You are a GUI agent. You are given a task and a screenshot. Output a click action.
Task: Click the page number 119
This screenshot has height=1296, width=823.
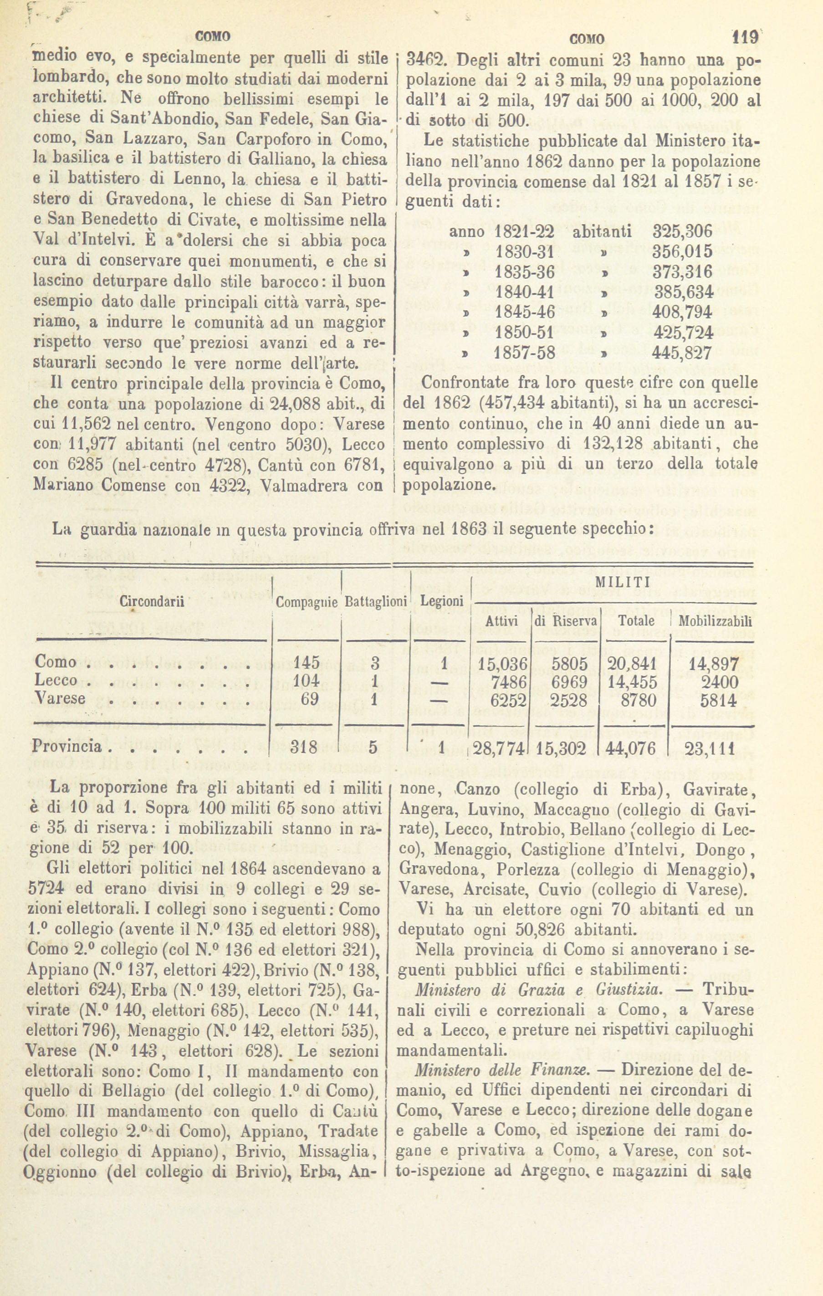[x=744, y=38]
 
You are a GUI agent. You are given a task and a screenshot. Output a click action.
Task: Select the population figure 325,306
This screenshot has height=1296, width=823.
[x=683, y=231]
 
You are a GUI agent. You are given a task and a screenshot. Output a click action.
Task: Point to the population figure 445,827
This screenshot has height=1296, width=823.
[x=683, y=353]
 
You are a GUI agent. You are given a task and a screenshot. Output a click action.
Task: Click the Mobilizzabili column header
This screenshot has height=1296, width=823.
[x=716, y=620]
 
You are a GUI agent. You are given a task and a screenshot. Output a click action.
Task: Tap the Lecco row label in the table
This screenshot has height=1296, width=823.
[x=56, y=681]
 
